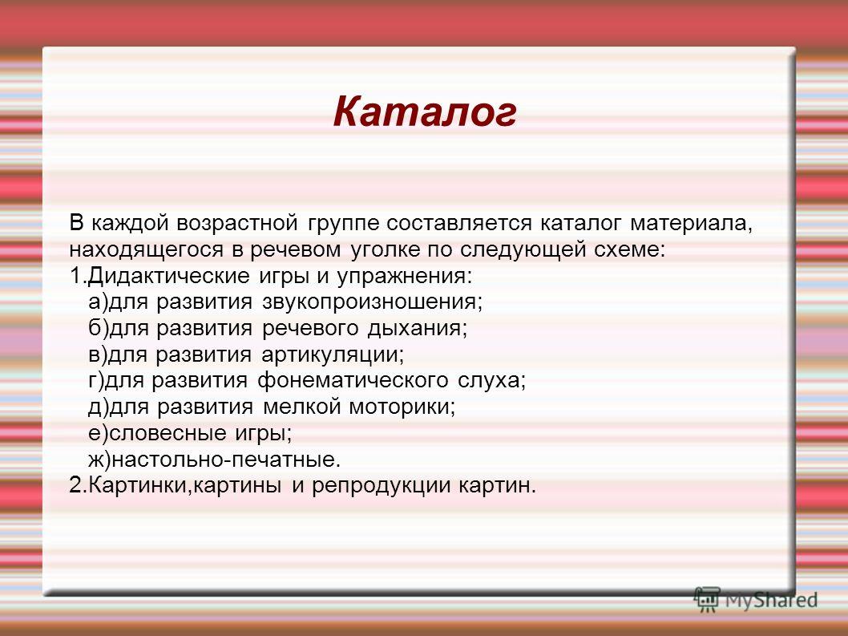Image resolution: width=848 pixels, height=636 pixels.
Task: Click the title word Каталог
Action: pyautogui.click(x=425, y=112)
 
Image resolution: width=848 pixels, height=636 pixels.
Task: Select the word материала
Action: pyautogui.click(x=691, y=223)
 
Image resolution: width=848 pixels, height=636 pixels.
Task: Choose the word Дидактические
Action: pyautogui.click(x=168, y=276)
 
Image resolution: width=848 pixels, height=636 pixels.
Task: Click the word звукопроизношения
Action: pyautogui.click(x=372, y=302)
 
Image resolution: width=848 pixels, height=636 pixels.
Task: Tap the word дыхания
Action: pyautogui.click(x=417, y=329)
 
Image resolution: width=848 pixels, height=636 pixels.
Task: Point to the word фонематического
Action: pyautogui.click(x=353, y=380)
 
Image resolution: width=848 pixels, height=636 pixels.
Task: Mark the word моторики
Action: pyautogui.click(x=402, y=407)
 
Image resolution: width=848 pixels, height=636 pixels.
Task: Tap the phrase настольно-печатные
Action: pyautogui.click(x=226, y=460)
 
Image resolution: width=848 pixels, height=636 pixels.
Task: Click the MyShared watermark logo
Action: pyautogui.click(x=756, y=600)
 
